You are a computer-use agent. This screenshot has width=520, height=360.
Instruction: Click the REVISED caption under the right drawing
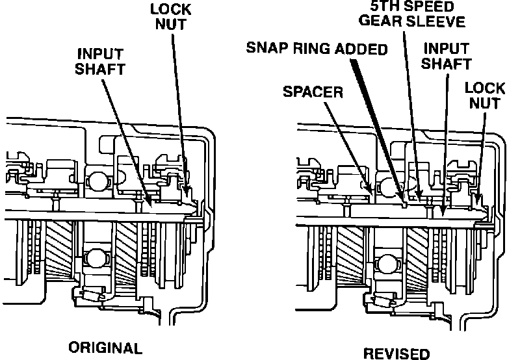(x=396, y=354)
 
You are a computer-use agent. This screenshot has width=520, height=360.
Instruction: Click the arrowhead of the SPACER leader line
(x=370, y=189)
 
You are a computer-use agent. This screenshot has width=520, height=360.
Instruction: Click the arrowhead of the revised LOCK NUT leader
(x=479, y=198)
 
